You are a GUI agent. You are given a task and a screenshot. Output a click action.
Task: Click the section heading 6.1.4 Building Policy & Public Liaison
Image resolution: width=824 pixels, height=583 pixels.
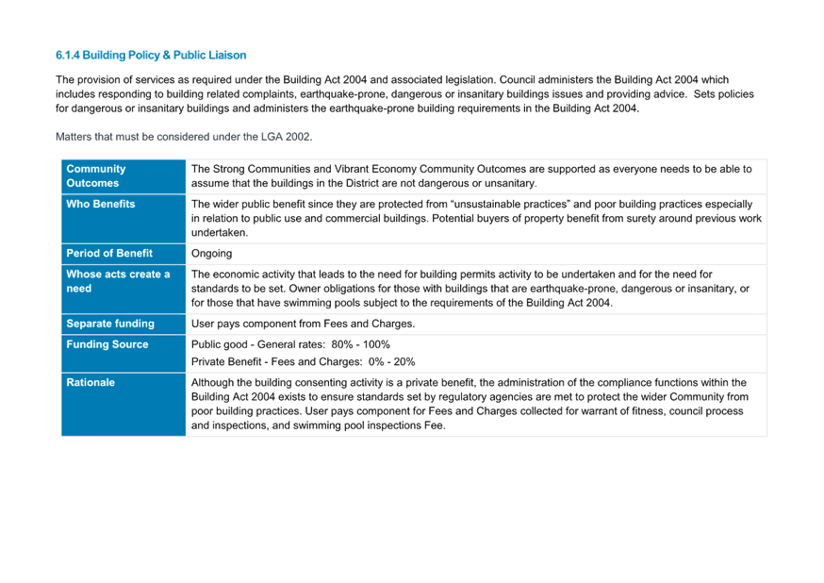pos(151,56)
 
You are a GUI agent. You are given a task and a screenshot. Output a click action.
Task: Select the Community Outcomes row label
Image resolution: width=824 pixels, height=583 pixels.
pos(95,176)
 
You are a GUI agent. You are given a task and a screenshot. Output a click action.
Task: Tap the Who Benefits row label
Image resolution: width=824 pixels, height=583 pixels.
pos(100,204)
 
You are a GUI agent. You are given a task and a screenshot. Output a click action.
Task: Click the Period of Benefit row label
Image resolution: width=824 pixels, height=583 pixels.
pos(109,254)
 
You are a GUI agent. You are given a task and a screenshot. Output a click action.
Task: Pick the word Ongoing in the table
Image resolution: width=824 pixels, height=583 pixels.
pos(211,254)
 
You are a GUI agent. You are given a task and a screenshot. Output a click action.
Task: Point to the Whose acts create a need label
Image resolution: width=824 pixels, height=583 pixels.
pos(118,281)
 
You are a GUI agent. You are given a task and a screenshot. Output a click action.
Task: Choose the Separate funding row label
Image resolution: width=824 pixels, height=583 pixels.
pos(110,324)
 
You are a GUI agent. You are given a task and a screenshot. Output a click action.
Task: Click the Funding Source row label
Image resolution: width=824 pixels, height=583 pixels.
pos(107,344)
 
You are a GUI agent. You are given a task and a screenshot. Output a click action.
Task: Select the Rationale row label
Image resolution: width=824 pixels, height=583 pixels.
pos(91,383)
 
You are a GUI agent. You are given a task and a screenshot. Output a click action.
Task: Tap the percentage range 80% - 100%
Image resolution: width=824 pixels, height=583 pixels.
pos(360,345)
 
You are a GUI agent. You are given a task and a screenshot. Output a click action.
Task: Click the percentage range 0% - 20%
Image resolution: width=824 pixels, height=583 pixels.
pos(391,362)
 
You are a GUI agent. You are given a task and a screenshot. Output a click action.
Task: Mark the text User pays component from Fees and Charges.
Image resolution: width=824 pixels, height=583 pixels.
pos(304,324)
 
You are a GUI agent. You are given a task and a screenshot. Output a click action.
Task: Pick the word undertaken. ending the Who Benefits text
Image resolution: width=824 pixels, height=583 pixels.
pos(219,233)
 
